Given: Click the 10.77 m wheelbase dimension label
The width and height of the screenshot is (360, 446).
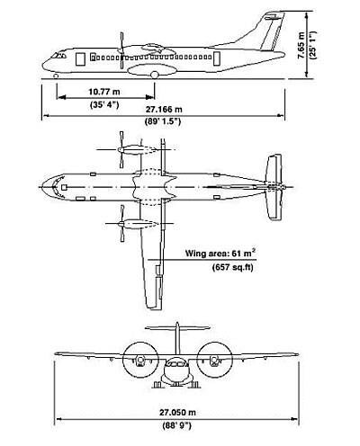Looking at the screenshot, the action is pos(103,92).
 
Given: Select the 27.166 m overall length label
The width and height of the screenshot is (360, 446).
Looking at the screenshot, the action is pos(164,110).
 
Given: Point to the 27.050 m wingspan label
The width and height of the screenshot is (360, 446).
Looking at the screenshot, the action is pos(177,413).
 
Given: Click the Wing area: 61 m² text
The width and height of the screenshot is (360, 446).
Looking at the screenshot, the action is pos(220,254).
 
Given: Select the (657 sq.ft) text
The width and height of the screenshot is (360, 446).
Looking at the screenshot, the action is pos(233,267).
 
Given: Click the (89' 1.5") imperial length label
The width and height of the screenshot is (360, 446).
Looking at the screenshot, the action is pos(163,121).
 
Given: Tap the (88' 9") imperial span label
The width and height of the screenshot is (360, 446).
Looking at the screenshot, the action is pos(176,425).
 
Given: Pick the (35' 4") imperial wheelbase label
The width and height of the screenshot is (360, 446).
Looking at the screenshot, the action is pos(104,104).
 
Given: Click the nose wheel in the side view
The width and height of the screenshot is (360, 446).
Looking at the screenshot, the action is pos(56,76).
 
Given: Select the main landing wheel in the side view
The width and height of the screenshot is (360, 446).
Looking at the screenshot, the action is pos(154,75).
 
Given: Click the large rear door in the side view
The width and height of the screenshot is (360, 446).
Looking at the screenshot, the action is pos(217,58).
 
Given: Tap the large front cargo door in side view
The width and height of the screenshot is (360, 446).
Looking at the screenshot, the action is pos(80,59).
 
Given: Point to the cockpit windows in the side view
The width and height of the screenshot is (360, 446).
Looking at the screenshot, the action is pos(58,56).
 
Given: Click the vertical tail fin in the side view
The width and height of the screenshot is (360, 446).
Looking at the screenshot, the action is pos(273,31).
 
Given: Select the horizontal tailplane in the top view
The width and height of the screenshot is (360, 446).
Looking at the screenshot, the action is pos(274,187).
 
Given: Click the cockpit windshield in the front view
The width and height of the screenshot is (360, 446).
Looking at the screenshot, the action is pos(177,364).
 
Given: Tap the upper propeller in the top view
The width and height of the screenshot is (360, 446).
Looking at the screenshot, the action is pos(121,149).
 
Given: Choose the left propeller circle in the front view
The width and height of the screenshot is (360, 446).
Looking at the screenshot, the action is pos(140,359).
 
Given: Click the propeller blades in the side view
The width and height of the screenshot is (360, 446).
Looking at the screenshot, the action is pos(121,50).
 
